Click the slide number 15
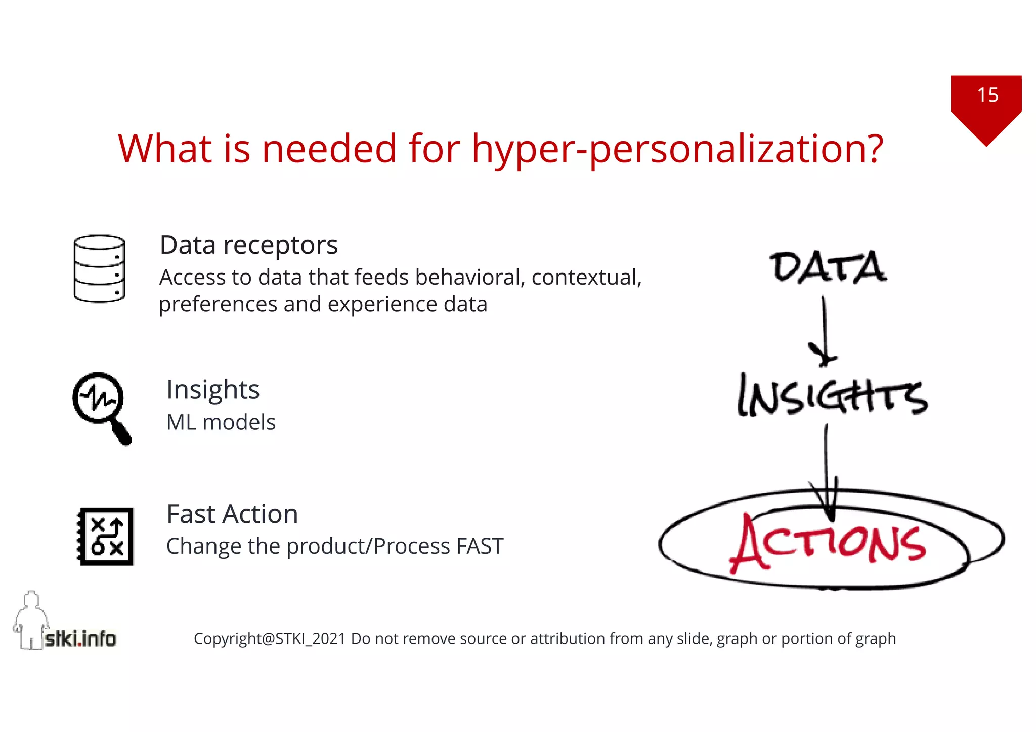coord(987,95)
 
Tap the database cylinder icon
coord(99,268)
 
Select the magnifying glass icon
coord(101,407)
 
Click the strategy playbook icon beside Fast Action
coord(106,536)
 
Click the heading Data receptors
coord(248,245)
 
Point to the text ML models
coord(221,422)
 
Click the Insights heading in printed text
coord(213,390)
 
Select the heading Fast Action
coord(232,514)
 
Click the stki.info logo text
coord(80,638)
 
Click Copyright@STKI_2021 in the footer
coord(269,638)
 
